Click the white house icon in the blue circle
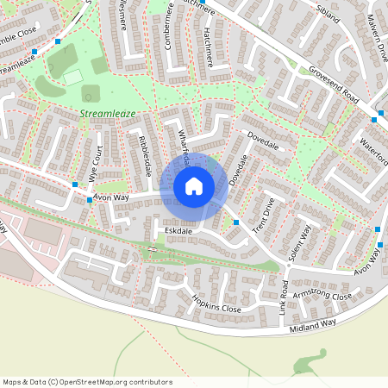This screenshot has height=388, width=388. (x=194, y=186)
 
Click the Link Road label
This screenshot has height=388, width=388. (x=284, y=295)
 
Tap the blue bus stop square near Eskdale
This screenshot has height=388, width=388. (x=236, y=222)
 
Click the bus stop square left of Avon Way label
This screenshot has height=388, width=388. (x=89, y=200)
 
